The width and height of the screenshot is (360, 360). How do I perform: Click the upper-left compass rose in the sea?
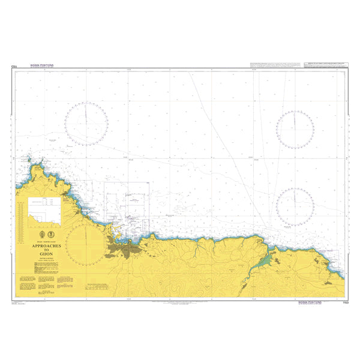(x=87, y=124)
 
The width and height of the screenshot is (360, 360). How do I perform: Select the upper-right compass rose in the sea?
(x=295, y=129)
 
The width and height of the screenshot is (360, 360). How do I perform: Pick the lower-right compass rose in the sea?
(x=295, y=206)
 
